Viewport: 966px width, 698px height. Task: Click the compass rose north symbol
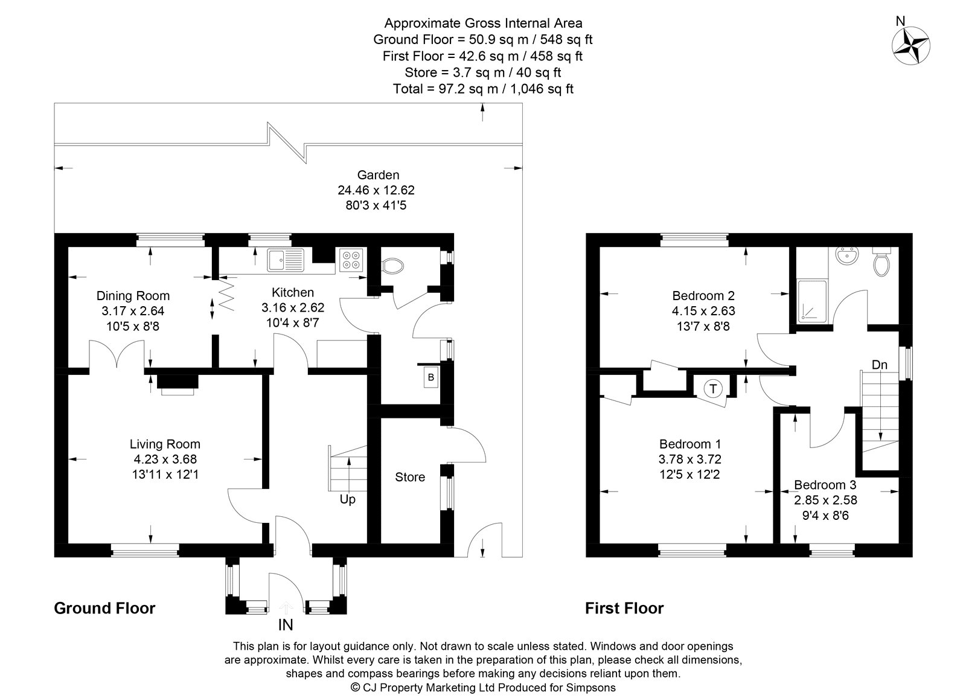[x=911, y=45]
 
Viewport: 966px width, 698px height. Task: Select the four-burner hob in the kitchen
[x=351, y=259]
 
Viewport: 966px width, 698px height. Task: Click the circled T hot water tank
[x=713, y=388]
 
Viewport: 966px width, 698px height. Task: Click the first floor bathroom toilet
[x=881, y=262]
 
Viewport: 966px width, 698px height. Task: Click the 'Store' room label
[x=410, y=477]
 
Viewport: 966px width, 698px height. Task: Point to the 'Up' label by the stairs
[x=347, y=499]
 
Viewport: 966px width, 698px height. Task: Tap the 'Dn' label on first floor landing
[x=879, y=365]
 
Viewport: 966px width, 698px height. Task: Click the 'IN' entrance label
[x=286, y=625]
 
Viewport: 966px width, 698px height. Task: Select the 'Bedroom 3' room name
[x=825, y=485]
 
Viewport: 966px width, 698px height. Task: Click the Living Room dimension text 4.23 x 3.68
[x=164, y=459]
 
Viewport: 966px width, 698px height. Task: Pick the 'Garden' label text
[x=378, y=175]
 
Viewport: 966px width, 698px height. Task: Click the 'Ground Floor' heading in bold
[x=104, y=608]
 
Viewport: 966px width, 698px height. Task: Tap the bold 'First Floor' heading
[x=624, y=608]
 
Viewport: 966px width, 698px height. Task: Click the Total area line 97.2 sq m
[x=482, y=89]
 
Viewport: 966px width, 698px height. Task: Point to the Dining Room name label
[x=133, y=296]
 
